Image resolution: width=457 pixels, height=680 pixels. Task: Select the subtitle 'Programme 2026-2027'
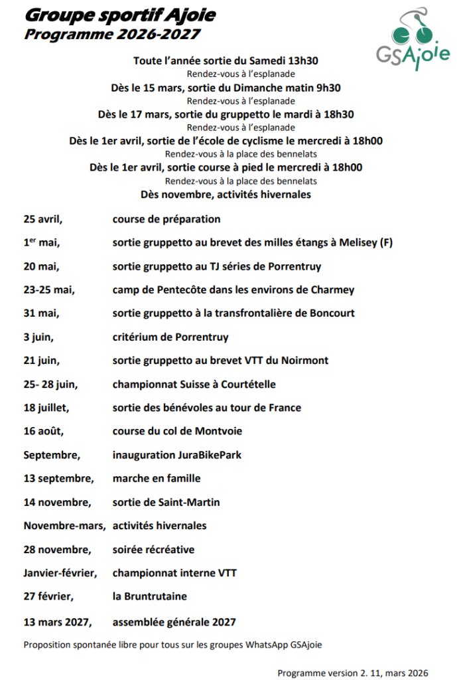click(x=112, y=34)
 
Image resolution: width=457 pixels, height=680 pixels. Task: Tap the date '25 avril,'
click(x=47, y=219)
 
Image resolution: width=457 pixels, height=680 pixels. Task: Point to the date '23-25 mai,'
click(x=49, y=290)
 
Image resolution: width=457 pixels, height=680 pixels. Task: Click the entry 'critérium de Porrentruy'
click(x=170, y=337)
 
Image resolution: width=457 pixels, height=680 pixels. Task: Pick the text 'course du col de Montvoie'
click(x=177, y=431)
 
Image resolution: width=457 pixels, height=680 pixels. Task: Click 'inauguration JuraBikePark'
click(x=177, y=455)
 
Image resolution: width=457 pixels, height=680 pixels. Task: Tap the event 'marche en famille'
click(x=157, y=478)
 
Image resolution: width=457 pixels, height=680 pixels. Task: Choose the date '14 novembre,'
click(x=57, y=502)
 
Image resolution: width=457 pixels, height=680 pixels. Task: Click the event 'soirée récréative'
click(x=153, y=549)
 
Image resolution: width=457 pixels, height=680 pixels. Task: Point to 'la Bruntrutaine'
click(x=149, y=596)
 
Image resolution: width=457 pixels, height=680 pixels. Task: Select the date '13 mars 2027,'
click(x=57, y=622)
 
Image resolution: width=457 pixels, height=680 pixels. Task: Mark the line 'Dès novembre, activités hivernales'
click(x=226, y=195)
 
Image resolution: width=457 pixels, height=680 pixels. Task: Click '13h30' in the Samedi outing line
click(x=303, y=60)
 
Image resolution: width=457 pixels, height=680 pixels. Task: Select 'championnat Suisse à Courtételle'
click(x=194, y=384)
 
